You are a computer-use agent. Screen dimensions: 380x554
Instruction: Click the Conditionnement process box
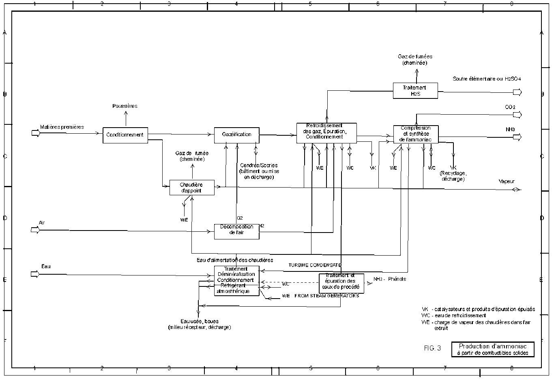pos(125,135)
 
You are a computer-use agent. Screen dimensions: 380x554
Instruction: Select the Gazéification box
pos(236,135)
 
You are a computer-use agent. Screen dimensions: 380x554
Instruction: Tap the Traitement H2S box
pos(415,90)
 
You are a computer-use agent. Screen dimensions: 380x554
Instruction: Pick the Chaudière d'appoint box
pos(192,188)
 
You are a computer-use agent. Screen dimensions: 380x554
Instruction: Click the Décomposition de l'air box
pos(236,231)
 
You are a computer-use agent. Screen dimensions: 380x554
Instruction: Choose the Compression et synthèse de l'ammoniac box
pos(416,134)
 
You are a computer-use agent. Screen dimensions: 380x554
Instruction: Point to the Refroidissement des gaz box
pos(326,133)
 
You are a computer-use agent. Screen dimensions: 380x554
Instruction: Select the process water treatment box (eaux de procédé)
pos(341,283)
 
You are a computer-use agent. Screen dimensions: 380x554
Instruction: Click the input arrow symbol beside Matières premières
pos(36,133)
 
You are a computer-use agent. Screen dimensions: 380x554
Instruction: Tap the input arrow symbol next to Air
pos(36,230)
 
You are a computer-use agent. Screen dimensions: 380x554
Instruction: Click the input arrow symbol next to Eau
pos(36,274)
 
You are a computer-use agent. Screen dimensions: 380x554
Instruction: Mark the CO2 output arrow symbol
pos(517,115)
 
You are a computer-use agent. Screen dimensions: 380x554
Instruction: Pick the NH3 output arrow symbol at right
pos(517,137)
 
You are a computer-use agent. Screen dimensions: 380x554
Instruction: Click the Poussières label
pos(125,106)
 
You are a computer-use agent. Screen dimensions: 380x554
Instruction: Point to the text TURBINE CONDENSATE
pos(315,265)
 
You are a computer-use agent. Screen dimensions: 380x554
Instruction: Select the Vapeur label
pos(507,182)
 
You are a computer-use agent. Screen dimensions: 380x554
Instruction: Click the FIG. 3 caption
pos(432,348)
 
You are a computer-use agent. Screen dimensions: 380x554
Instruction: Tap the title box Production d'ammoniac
pos(493,349)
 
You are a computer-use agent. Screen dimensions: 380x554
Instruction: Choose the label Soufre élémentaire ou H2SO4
pos(487,79)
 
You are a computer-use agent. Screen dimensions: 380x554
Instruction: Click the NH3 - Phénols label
pos(389,279)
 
